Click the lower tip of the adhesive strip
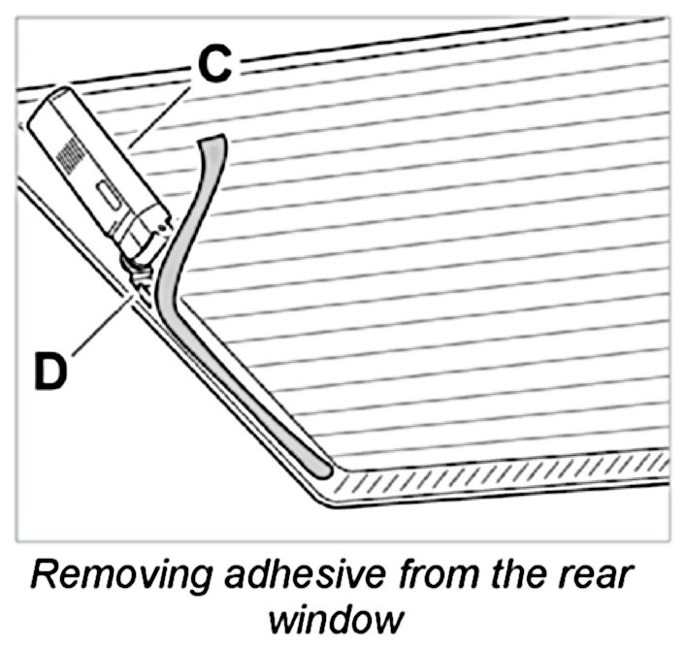tap(321, 470)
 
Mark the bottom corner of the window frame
tap(324, 501)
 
